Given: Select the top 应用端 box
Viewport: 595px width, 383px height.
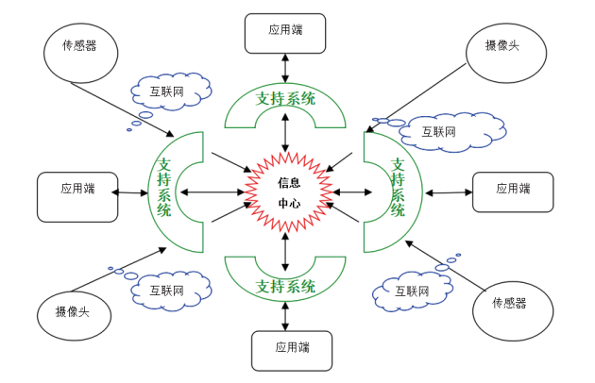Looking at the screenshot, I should point(284,32).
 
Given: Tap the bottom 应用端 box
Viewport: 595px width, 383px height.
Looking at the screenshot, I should point(292,349).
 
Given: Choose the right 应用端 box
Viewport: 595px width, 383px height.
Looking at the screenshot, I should point(513,191).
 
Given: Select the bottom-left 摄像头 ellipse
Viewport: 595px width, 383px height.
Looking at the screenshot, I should point(72,312).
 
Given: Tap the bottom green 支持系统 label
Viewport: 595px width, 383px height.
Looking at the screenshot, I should point(286,286).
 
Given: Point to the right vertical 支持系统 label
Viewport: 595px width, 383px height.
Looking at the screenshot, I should point(398,190).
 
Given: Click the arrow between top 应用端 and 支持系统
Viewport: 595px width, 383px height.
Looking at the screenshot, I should point(284,68).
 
